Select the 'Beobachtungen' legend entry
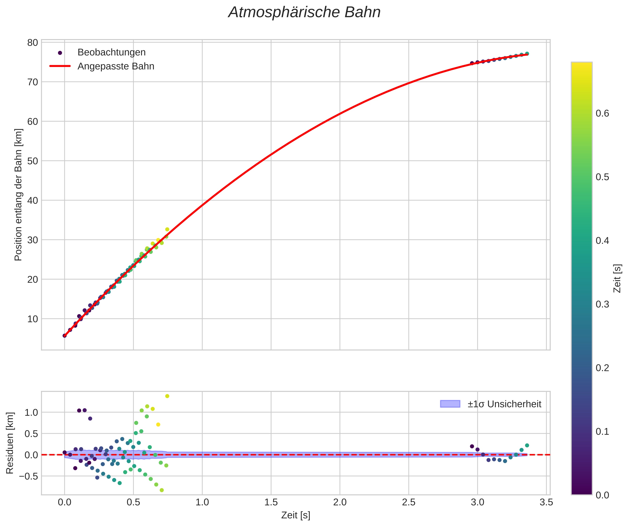click(111, 52)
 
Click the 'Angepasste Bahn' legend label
click(116, 66)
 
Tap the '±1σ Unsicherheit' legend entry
click(504, 404)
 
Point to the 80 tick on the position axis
click(33, 43)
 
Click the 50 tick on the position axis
click(33, 161)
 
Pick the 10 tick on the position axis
click(33, 319)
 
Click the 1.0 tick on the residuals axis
click(31, 413)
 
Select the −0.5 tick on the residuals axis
click(29, 476)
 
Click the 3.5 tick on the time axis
click(546, 502)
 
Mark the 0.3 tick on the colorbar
click(602, 304)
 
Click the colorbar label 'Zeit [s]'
click(617, 278)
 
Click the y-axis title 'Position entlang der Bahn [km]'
click(18, 195)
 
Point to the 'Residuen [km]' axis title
click(10, 443)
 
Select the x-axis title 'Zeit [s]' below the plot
click(295, 515)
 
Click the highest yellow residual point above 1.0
click(167, 396)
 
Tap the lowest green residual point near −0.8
click(162, 490)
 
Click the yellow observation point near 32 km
click(167, 230)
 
